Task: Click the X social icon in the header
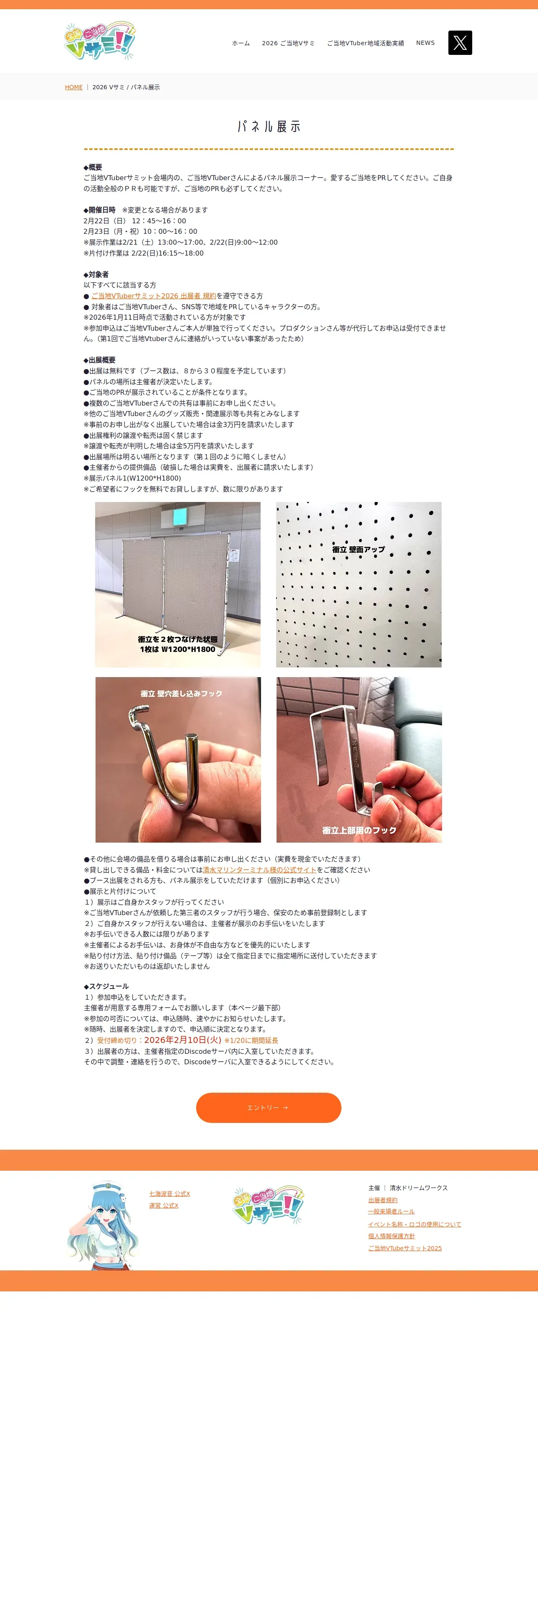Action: [460, 43]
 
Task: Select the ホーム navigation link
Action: [241, 43]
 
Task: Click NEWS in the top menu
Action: [425, 43]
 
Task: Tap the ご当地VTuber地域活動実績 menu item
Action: [365, 43]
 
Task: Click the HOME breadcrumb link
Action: [74, 87]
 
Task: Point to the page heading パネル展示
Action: [269, 127]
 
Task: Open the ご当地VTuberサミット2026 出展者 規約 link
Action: [153, 296]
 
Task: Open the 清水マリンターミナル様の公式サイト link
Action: [259, 870]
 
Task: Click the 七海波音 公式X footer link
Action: [170, 1194]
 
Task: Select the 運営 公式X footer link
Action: [163, 1205]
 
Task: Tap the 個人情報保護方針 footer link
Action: [391, 1236]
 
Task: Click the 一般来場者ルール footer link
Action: [391, 1212]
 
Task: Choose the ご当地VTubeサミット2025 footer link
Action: [405, 1248]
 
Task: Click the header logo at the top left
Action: [100, 41]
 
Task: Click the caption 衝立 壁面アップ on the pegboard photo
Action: [358, 549]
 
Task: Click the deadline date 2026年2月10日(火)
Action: [183, 1040]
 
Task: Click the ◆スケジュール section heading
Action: [106, 986]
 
